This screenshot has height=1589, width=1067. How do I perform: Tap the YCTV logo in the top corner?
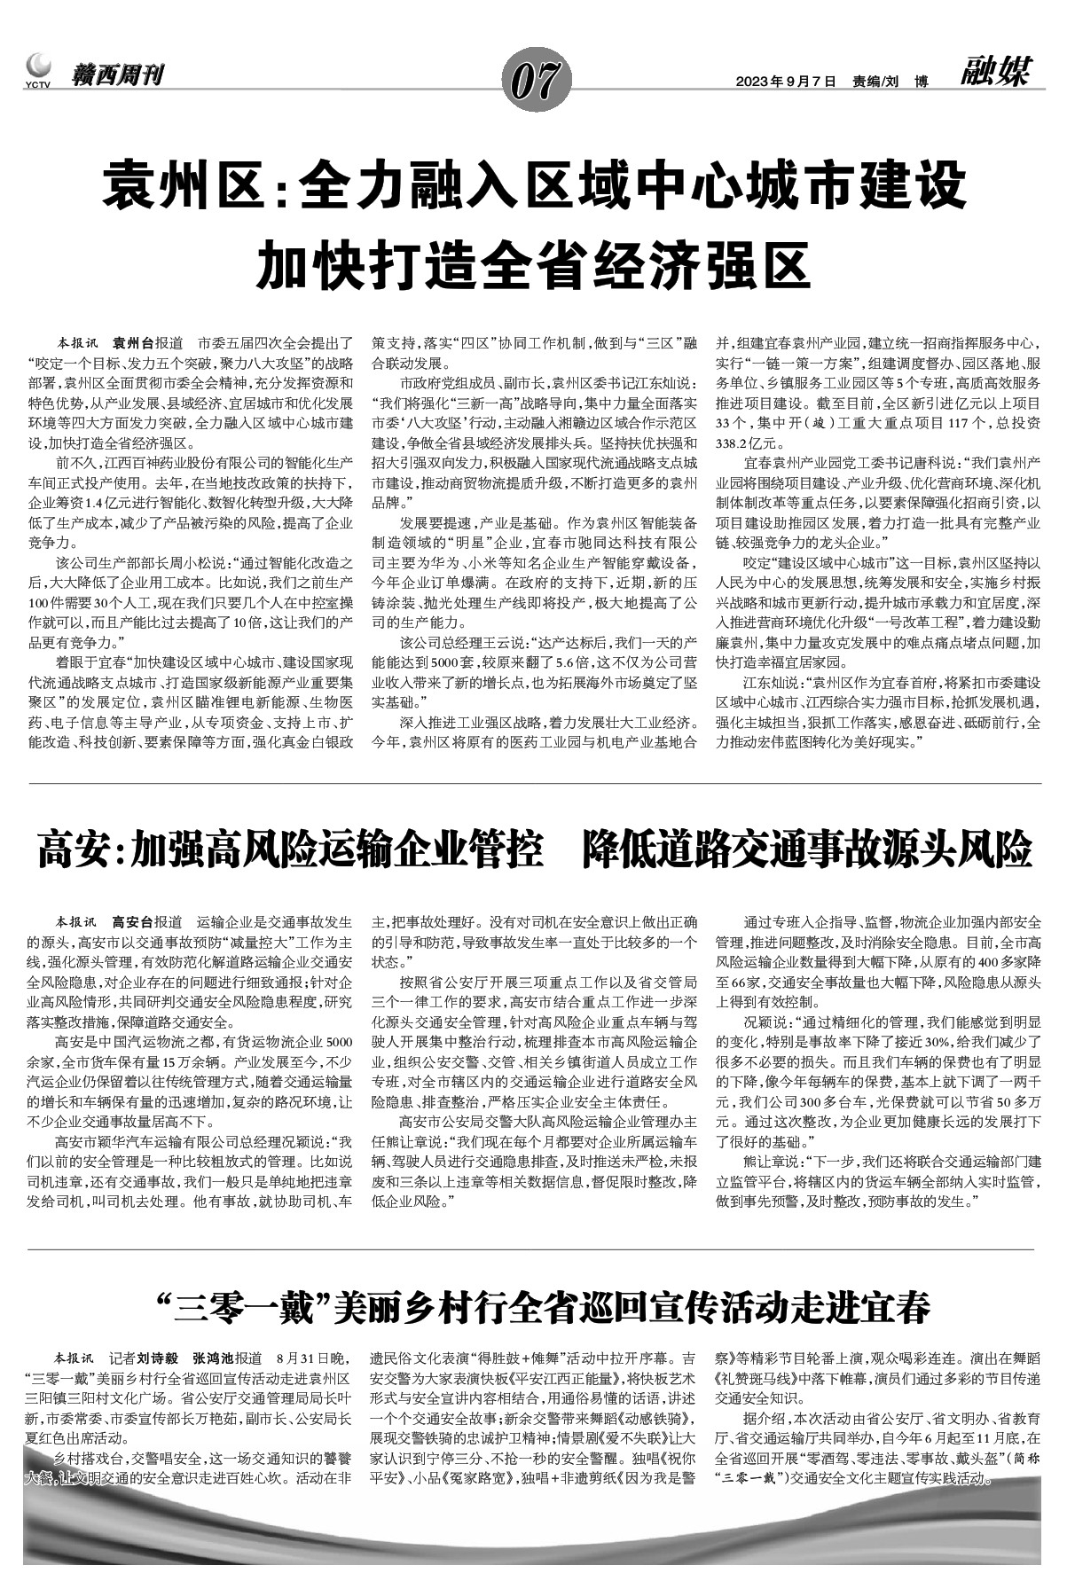(38, 70)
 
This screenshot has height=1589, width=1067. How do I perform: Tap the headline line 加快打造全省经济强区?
(533, 263)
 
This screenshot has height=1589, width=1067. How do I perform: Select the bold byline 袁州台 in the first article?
(133, 342)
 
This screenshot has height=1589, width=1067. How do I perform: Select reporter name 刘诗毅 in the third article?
(159, 1358)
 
